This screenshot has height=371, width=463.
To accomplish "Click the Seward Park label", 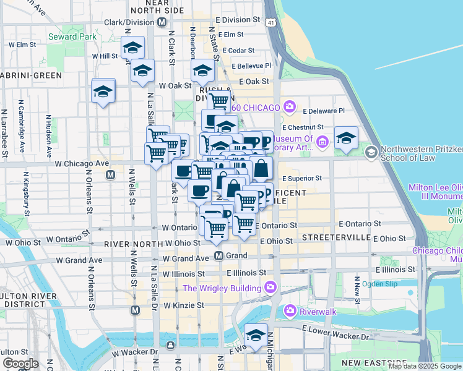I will pos(72,36).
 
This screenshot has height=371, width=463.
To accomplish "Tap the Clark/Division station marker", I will pos(162,22).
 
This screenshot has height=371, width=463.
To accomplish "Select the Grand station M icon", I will pos(219,255).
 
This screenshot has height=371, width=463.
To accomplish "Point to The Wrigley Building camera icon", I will pos(270,287).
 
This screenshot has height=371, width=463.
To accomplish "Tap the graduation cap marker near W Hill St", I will pos(132,47).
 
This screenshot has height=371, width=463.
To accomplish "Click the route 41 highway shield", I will pos(271,22).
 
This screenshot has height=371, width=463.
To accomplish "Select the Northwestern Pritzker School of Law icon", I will pos(371,151).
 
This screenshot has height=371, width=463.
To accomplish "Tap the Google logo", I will pos(20,364).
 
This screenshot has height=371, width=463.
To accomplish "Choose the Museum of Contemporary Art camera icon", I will pos(322,143).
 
